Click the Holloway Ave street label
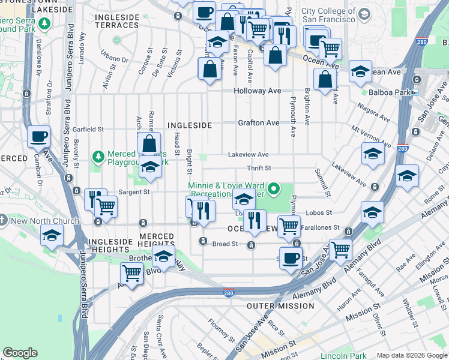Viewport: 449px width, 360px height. pyautogui.click(x=257, y=91)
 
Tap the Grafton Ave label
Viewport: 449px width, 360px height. pyautogui.click(x=258, y=123)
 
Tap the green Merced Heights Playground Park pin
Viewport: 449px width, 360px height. pyautogui.click(x=98, y=157)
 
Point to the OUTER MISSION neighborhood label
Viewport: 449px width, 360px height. pyautogui.click(x=280, y=306)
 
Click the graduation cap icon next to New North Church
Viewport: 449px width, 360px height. pyautogui.click(x=52, y=235)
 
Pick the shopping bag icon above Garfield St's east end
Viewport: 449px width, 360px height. pyautogui.click(x=149, y=143)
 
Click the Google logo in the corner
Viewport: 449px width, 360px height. pyautogui.click(x=20, y=353)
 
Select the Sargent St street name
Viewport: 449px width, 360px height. pyautogui.click(x=133, y=192)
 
